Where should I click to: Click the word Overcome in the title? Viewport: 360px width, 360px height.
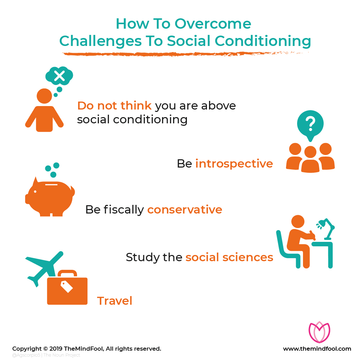(x=213, y=23)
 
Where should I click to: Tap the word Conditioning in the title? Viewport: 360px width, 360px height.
(x=263, y=41)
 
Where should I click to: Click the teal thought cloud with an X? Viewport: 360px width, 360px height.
(x=59, y=76)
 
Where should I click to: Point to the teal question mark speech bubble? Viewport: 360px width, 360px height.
(x=310, y=125)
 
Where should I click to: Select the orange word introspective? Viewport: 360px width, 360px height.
(x=234, y=164)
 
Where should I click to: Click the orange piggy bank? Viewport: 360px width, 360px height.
(x=50, y=197)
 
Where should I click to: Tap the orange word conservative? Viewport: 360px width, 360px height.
(x=184, y=210)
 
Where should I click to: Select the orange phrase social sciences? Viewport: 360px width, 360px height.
(x=229, y=257)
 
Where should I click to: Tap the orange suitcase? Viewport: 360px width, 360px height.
(x=67, y=287)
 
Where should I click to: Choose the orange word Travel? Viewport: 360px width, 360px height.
(x=115, y=301)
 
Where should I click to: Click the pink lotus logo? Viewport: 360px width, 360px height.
(x=319, y=332)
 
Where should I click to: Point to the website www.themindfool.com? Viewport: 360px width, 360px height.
(x=317, y=349)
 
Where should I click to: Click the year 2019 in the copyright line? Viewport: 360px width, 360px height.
(x=56, y=349)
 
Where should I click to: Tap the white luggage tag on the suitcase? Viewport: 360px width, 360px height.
(x=67, y=286)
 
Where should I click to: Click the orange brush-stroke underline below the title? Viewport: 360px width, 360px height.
(x=185, y=54)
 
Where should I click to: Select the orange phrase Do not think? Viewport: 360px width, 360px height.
(x=114, y=106)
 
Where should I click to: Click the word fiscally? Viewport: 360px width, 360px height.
(x=124, y=210)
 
